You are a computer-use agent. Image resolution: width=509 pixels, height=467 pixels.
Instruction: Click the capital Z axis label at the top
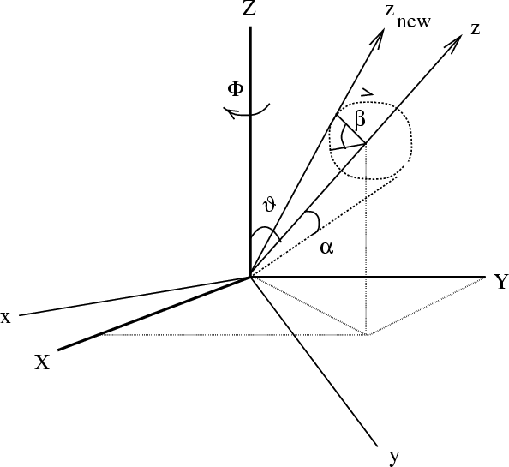point(249,8)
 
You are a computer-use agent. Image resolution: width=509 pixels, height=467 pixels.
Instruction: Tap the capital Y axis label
point(501,281)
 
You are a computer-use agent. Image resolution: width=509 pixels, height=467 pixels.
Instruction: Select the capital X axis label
point(43,362)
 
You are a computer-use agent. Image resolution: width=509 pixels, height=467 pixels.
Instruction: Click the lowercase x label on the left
point(6,318)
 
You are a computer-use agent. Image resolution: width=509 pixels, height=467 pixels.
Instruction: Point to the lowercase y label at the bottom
point(394,457)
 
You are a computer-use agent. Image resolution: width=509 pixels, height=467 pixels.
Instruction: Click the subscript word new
point(414,22)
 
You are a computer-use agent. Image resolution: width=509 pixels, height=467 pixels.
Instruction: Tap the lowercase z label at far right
point(475,29)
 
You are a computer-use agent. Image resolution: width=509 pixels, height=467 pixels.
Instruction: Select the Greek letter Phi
point(236,88)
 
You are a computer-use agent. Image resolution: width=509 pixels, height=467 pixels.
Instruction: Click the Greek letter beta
point(360,121)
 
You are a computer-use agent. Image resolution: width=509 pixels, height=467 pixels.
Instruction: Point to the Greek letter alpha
point(326,248)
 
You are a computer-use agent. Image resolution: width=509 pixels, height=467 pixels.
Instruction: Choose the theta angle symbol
point(270,205)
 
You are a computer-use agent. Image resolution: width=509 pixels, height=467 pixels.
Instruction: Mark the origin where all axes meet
point(250,277)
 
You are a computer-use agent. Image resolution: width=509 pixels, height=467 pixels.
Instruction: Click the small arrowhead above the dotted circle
point(368,93)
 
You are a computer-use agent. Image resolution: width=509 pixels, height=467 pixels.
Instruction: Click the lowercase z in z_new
point(390,10)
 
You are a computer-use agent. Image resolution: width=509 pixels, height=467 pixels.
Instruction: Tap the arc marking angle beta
point(342,138)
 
